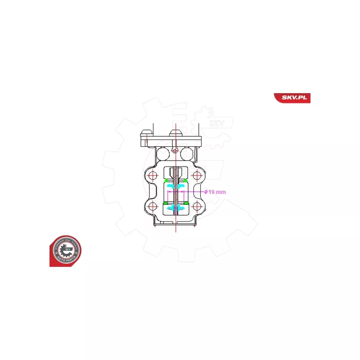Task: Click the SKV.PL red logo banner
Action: click(x=292, y=98)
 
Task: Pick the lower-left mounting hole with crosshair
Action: click(x=153, y=207)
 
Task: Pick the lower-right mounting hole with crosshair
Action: click(x=197, y=207)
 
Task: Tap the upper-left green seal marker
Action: click(x=166, y=181)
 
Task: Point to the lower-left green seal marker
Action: click(x=166, y=203)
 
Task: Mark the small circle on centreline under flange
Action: click(x=175, y=149)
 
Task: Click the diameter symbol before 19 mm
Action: click(x=206, y=192)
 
